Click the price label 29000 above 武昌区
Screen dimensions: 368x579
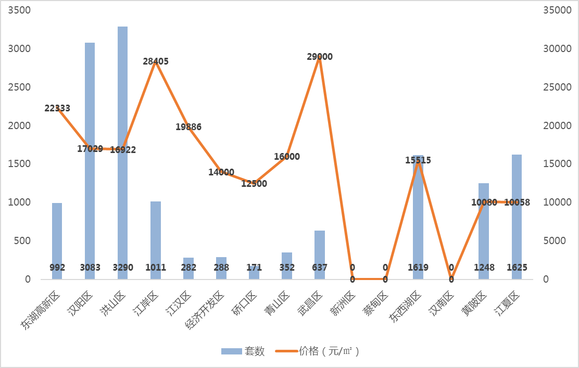pos(320,57)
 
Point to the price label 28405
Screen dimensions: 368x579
pos(156,61)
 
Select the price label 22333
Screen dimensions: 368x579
pos(57,108)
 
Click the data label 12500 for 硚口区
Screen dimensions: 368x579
pos(254,184)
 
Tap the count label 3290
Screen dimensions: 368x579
pos(123,268)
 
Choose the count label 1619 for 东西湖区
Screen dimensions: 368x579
pos(418,268)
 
